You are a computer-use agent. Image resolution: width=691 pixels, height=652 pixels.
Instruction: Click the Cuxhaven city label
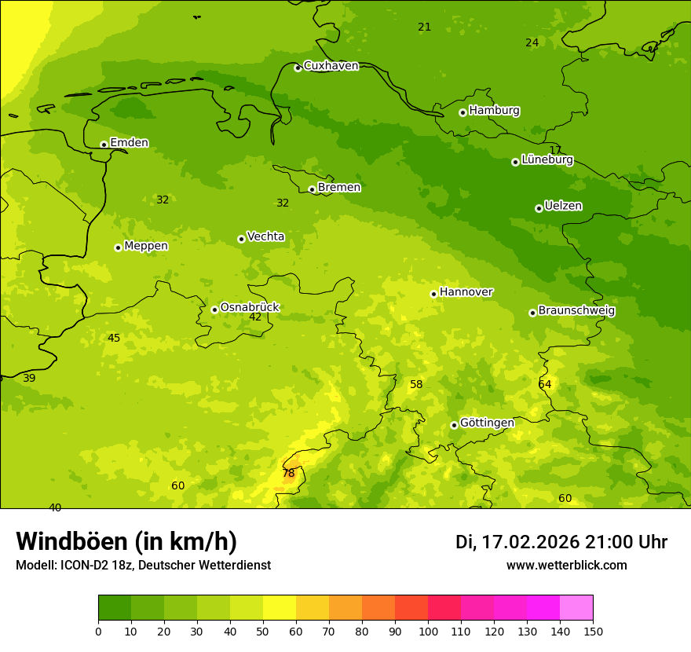331,66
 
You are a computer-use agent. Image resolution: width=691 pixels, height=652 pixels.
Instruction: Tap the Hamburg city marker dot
462,112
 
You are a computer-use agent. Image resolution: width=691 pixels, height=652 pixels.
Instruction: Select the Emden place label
129,143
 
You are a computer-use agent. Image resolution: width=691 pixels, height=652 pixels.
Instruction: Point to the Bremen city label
339,188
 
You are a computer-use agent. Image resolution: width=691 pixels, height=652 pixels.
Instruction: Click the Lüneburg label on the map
547,159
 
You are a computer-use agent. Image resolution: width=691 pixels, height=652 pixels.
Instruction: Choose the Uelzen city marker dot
539,208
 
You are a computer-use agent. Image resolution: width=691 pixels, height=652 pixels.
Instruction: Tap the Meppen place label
146,246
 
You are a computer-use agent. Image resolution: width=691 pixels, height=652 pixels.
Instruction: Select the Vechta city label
265,236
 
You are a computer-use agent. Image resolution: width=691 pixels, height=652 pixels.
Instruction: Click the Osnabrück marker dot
214,310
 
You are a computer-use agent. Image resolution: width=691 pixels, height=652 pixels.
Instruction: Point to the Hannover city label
466,292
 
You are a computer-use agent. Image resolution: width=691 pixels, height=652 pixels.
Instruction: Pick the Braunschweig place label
576,311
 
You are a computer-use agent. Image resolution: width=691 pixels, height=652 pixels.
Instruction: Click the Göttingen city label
487,423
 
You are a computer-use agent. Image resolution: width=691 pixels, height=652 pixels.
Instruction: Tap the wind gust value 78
288,473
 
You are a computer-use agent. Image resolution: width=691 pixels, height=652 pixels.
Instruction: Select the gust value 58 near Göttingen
416,384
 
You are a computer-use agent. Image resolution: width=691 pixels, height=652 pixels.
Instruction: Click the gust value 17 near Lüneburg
555,150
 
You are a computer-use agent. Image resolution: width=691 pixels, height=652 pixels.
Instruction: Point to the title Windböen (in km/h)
126,541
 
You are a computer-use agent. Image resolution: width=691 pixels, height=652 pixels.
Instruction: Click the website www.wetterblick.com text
567,566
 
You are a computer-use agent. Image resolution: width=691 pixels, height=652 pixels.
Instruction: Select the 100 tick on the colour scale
428,631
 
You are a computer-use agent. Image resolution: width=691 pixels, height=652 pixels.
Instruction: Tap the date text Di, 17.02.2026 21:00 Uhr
561,542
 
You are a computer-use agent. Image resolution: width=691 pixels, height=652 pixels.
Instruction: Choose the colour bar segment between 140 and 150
576,608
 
